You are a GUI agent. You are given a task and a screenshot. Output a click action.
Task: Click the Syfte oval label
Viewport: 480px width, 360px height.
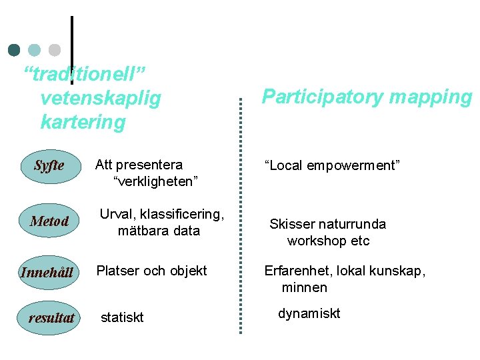tap(49, 165)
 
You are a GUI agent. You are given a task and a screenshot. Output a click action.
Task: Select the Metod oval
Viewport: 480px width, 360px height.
tap(49, 221)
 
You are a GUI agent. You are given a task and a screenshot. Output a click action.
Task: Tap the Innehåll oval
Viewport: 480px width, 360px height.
tap(47, 272)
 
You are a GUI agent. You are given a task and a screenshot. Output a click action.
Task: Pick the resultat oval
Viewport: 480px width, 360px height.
tap(51, 318)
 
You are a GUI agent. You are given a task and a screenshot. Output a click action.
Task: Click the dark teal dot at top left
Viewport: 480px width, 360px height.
tap(15, 50)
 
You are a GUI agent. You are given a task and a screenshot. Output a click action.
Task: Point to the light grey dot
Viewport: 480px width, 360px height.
tap(55, 50)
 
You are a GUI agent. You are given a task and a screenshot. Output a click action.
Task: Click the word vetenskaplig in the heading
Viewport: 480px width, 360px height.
tap(101, 99)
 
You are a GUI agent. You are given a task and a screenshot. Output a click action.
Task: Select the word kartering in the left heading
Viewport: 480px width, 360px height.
tap(83, 122)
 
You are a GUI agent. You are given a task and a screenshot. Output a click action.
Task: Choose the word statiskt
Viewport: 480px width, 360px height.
tap(122, 317)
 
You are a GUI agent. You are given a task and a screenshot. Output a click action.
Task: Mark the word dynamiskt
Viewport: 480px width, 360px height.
tap(309, 313)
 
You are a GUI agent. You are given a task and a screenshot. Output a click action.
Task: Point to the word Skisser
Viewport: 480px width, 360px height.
tap(293, 224)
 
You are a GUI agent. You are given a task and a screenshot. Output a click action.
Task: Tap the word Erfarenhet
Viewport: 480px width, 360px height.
tap(298, 271)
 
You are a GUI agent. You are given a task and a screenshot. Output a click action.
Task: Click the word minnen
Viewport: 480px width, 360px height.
tap(305, 287)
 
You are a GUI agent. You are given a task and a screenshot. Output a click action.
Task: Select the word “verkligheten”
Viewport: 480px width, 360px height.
tap(157, 181)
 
